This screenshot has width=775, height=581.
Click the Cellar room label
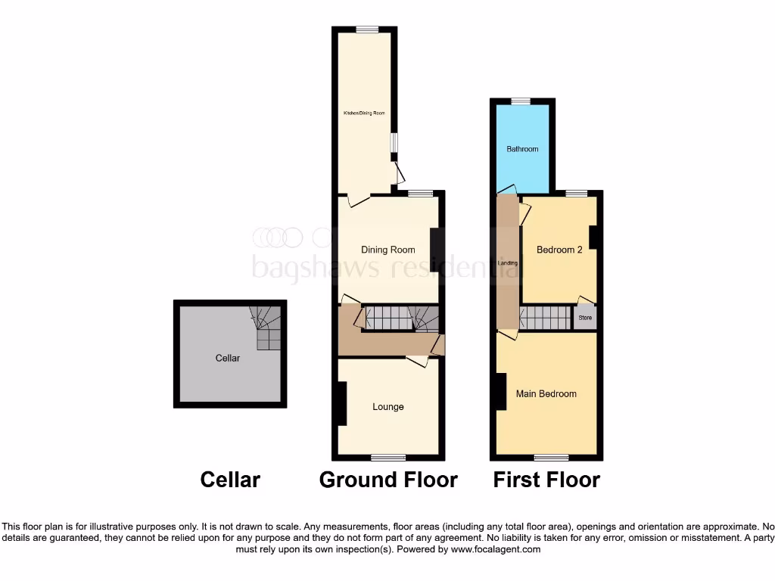(228, 358)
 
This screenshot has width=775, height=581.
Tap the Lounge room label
(387, 407)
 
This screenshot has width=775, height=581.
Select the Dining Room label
(387, 250)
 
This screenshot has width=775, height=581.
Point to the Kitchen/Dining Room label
(365, 113)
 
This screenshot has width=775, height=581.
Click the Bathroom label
(522, 149)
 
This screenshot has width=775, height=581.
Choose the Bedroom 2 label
(559, 250)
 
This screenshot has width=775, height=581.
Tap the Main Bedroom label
(546, 394)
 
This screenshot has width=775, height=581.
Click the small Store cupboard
(585, 318)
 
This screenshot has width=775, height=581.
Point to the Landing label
(508, 263)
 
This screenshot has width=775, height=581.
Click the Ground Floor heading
(388, 480)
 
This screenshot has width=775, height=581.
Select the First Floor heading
(546, 480)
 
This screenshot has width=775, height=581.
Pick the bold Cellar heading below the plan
(230, 480)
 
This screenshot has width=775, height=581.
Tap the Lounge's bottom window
(387, 457)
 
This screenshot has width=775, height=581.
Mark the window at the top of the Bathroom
(520, 101)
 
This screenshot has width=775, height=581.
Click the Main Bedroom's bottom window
(552, 457)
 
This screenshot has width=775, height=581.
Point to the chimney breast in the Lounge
(341, 404)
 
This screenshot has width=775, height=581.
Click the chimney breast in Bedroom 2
(595, 237)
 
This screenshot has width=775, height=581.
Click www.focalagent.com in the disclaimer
(496, 549)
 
